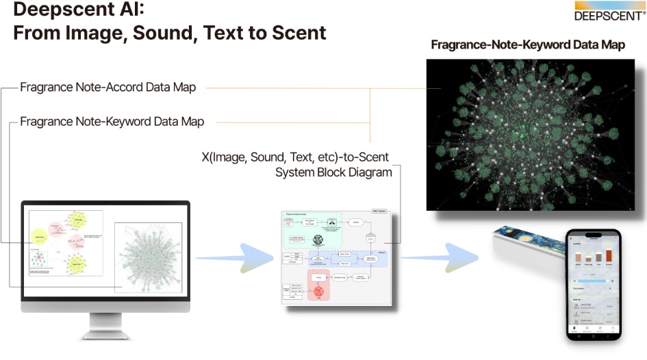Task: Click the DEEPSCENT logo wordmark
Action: pyautogui.click(x=609, y=13)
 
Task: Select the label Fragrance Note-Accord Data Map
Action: pyautogui.click(x=107, y=88)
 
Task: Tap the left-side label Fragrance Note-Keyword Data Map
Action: pyautogui.click(x=112, y=122)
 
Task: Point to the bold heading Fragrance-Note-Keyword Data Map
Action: pyautogui.click(x=528, y=45)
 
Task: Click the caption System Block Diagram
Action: pyautogui.click(x=333, y=172)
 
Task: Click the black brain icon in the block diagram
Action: pyautogui.click(x=318, y=240)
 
